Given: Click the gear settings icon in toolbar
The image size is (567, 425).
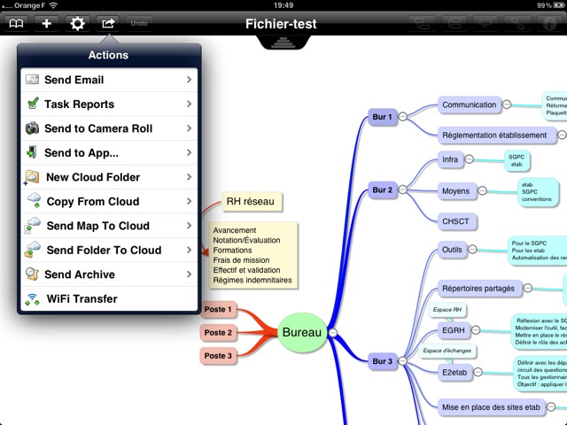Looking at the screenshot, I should pyautogui.click(x=77, y=23).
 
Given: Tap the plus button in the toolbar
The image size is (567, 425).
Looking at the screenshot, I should pyautogui.click(x=46, y=23).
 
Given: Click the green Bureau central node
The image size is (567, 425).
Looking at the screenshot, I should pyautogui.click(x=303, y=333).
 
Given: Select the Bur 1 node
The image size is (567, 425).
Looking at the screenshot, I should pyautogui.click(x=382, y=116).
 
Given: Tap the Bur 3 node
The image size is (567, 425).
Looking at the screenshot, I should pyautogui.click(x=382, y=361).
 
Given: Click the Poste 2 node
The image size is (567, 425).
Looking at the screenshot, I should pyautogui.click(x=218, y=333).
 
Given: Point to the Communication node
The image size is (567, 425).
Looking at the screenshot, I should pyautogui.click(x=469, y=104).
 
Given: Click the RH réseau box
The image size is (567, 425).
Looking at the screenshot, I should pyautogui.click(x=249, y=202).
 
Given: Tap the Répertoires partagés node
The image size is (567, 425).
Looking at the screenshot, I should pyautogui.click(x=478, y=288).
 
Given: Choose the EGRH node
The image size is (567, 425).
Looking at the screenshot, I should pyautogui.click(x=453, y=331).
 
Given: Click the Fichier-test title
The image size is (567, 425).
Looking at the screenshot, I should pyautogui.click(x=281, y=24).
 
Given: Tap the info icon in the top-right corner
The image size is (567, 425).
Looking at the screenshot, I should pyautogui.click(x=549, y=24).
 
